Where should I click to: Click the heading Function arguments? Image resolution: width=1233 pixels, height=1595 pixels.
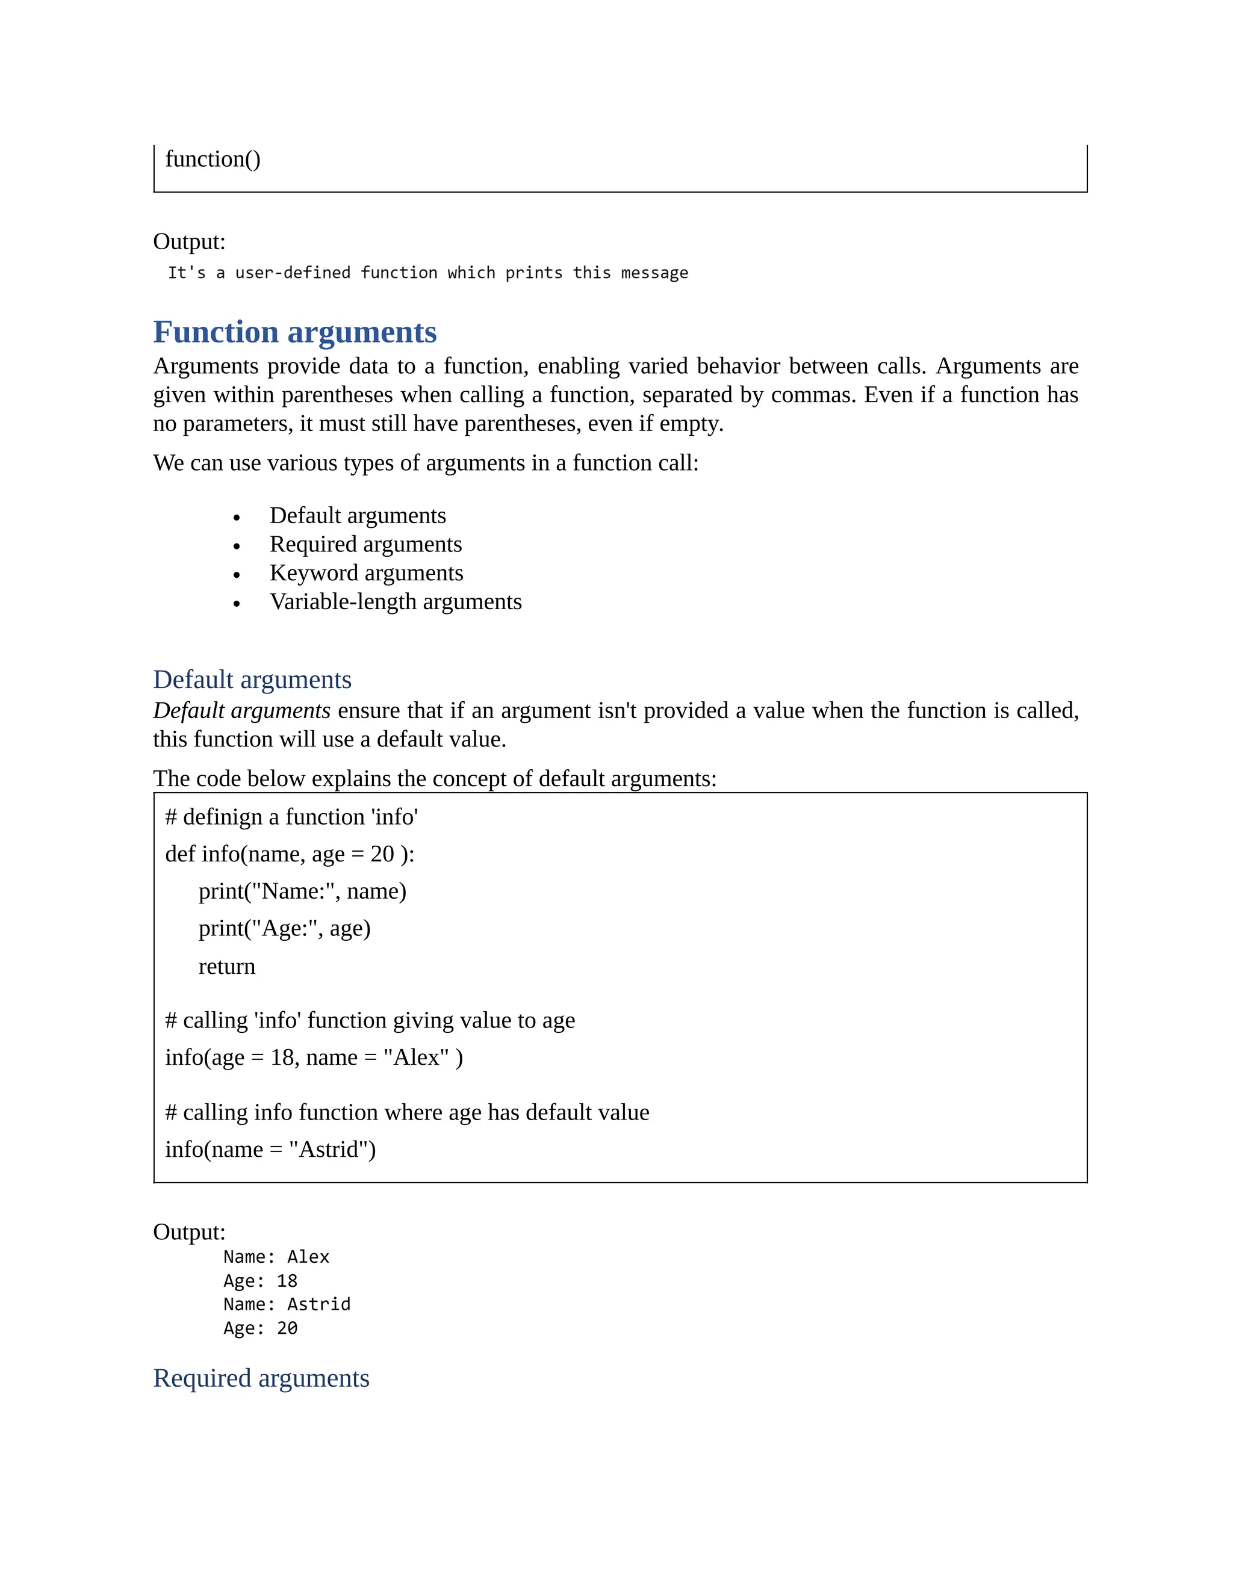coord(294,332)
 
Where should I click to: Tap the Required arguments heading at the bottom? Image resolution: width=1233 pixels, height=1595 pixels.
coord(261,1378)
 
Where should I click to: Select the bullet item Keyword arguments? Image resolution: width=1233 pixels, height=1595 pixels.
coord(366,572)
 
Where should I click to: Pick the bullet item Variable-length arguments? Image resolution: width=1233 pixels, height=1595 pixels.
coord(395,602)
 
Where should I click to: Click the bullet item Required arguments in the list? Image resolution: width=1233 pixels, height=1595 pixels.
coord(365,544)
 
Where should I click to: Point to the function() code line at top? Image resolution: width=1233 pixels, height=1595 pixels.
coord(213,159)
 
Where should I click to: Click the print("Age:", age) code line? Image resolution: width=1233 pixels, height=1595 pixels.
coord(284,928)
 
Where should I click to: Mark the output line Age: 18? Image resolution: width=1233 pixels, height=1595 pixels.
coord(260,1281)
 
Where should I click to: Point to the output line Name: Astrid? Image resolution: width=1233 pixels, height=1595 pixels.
coord(287,1304)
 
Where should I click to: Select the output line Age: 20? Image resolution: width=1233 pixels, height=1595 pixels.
coord(260,1328)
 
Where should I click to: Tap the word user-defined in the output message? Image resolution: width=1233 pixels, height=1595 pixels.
coord(292,273)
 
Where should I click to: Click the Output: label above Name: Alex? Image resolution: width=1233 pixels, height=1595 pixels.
coord(189,1232)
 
